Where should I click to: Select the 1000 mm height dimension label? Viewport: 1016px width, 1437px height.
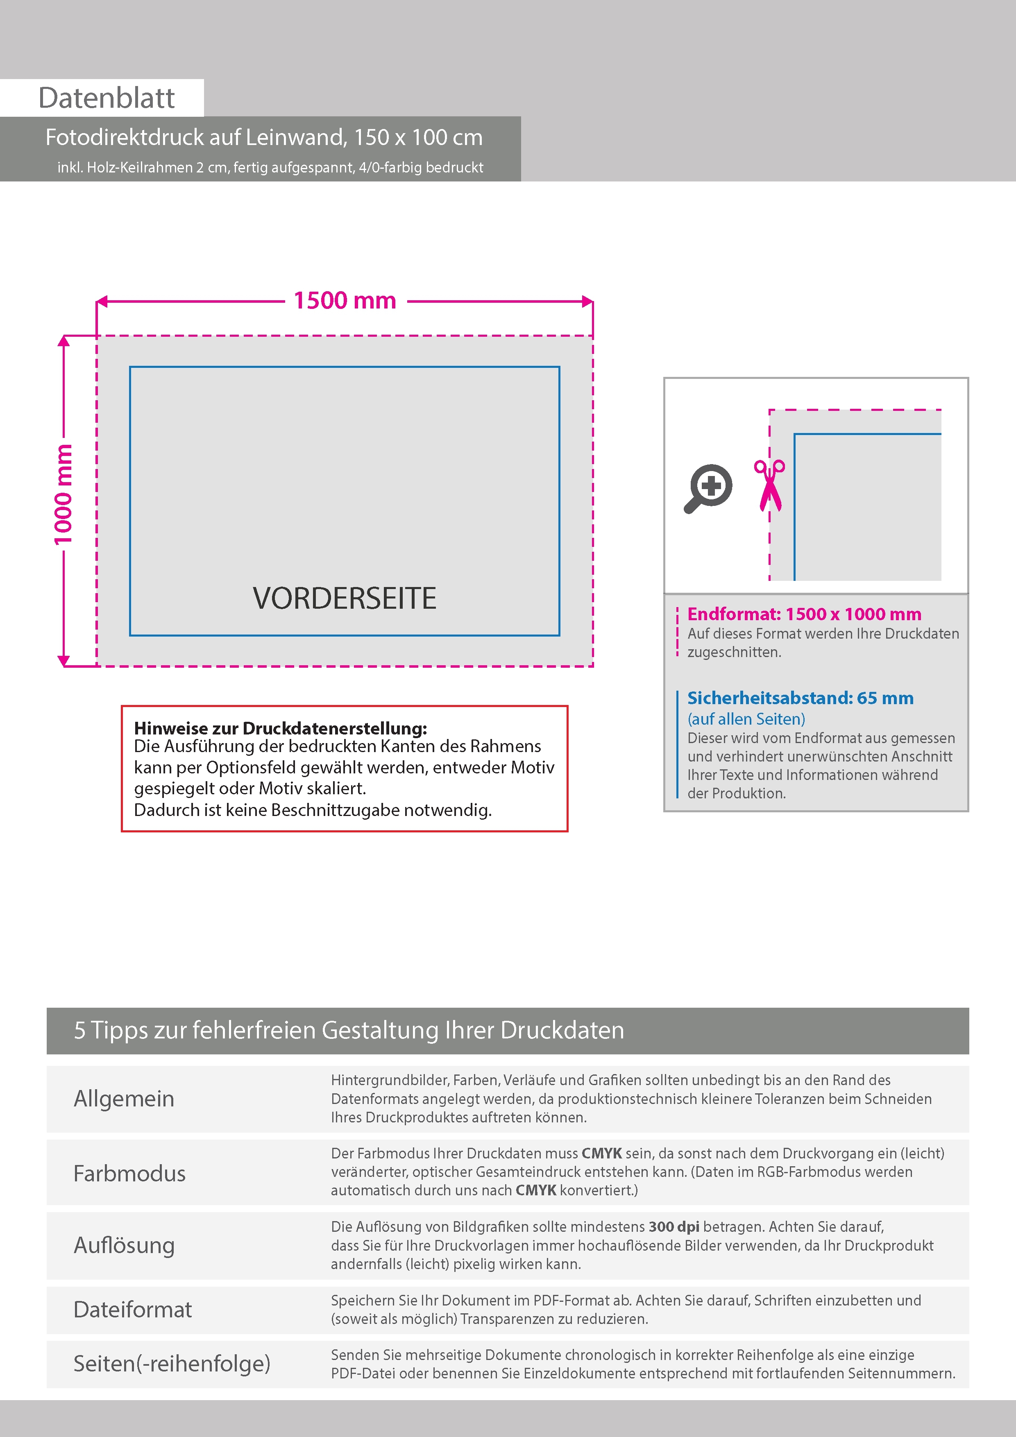tap(63, 494)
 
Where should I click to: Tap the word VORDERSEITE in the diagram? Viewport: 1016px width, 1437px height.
tap(344, 598)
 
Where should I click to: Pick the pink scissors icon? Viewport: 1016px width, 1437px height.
tap(769, 485)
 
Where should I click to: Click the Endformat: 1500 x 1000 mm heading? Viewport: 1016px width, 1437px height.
tap(804, 614)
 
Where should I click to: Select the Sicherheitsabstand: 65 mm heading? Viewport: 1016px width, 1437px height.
tap(800, 698)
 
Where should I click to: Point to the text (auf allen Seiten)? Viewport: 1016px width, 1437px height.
tap(746, 719)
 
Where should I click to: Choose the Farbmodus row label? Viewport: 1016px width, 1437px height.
tap(129, 1174)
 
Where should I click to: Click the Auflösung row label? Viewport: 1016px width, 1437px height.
tap(124, 1245)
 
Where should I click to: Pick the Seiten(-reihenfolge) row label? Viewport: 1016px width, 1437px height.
tap(172, 1363)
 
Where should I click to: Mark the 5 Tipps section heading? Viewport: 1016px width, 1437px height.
tap(349, 1030)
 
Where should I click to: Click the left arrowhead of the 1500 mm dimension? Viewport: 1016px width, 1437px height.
tap(102, 301)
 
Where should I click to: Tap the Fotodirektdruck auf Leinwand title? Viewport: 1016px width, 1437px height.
tap(263, 138)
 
